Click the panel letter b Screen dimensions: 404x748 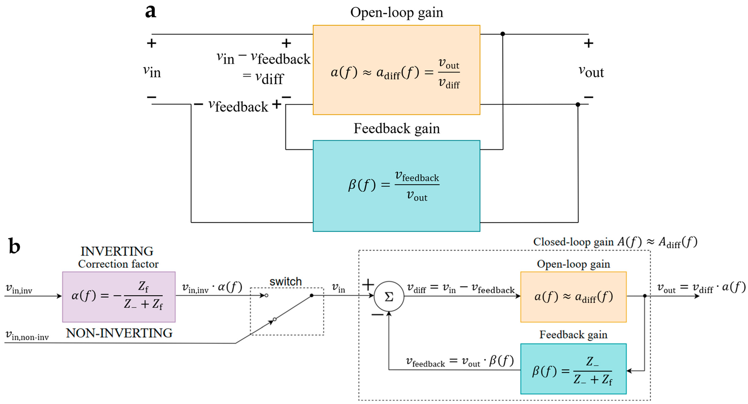(x=14, y=246)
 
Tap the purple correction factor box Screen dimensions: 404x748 (x=119, y=297)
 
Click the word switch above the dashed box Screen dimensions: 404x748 (x=285, y=282)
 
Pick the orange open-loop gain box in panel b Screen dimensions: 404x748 (x=573, y=297)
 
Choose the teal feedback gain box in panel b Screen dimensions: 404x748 (x=573, y=369)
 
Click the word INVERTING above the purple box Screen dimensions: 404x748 (x=117, y=251)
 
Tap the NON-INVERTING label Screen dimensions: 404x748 (x=119, y=333)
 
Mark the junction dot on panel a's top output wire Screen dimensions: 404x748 (x=503, y=34)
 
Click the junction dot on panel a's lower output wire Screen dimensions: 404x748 (x=578, y=105)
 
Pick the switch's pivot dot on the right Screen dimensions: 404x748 (x=312, y=296)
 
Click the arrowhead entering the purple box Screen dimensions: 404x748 (x=59, y=296)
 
